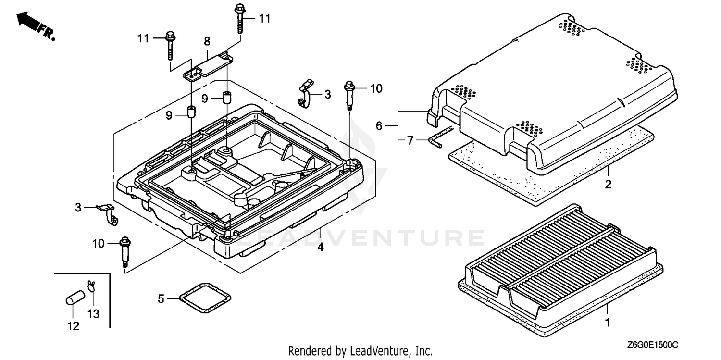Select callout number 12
[x=73, y=326]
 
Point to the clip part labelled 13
[x=91, y=286]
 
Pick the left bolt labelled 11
[x=169, y=47]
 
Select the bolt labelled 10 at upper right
[x=349, y=96]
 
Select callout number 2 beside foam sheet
[x=608, y=184]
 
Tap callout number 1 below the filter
[x=607, y=323]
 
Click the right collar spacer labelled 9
[x=226, y=96]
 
